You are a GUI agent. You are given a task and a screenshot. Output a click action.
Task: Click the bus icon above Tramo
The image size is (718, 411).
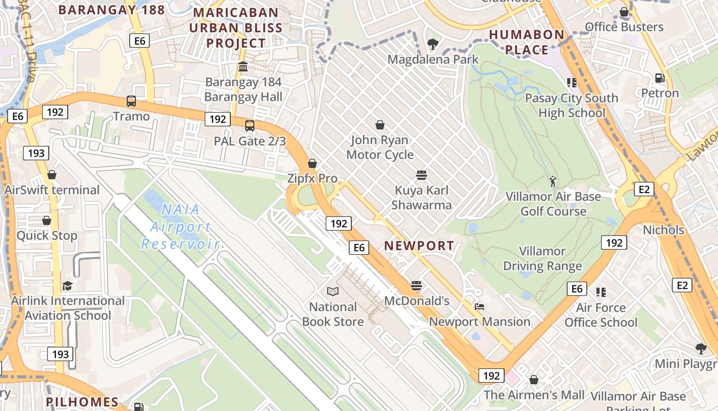tap(131, 101)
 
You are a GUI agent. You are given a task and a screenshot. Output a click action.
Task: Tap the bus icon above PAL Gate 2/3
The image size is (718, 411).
tap(250, 126)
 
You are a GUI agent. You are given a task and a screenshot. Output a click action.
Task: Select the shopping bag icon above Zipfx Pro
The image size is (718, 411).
tap(312, 163)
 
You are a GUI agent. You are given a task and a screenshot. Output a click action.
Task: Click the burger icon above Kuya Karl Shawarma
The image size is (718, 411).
tap(422, 175)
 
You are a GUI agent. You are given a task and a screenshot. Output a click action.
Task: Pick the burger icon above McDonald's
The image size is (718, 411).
tap(416, 286)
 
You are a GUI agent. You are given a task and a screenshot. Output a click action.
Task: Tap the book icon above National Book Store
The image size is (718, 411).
tap(333, 292)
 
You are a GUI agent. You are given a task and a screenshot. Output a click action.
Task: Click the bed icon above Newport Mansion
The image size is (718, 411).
tap(480, 307)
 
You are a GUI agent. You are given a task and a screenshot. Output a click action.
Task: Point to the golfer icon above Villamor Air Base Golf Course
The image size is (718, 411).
tap(553, 181)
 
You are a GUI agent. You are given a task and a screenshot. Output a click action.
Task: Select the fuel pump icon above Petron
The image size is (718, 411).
tap(660, 78)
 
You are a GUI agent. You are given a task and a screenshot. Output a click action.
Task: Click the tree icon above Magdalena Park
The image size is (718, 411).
tap(433, 45)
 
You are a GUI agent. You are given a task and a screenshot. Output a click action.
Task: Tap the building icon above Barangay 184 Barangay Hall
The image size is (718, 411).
tap(243, 67)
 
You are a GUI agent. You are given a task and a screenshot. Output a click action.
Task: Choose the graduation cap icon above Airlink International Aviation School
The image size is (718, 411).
tap(68, 286)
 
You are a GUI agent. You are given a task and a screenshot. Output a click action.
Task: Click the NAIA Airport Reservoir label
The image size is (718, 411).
tap(181, 227)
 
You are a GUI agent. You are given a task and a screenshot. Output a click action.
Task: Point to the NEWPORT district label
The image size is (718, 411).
tap(419, 246)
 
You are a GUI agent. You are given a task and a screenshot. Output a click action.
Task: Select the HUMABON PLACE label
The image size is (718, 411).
tap(526, 42)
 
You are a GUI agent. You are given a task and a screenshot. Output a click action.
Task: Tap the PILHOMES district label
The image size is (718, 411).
tap(82, 401)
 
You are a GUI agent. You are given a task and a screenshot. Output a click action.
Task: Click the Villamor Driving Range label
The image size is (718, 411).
tap(542, 258)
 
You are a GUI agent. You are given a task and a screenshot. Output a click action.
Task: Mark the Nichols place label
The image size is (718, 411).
tap(663, 230)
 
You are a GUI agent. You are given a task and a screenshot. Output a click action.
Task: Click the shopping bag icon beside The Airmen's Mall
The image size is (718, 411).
tap(534, 380)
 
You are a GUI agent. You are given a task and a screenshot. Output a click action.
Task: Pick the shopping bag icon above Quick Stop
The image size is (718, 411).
tap(47, 221)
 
